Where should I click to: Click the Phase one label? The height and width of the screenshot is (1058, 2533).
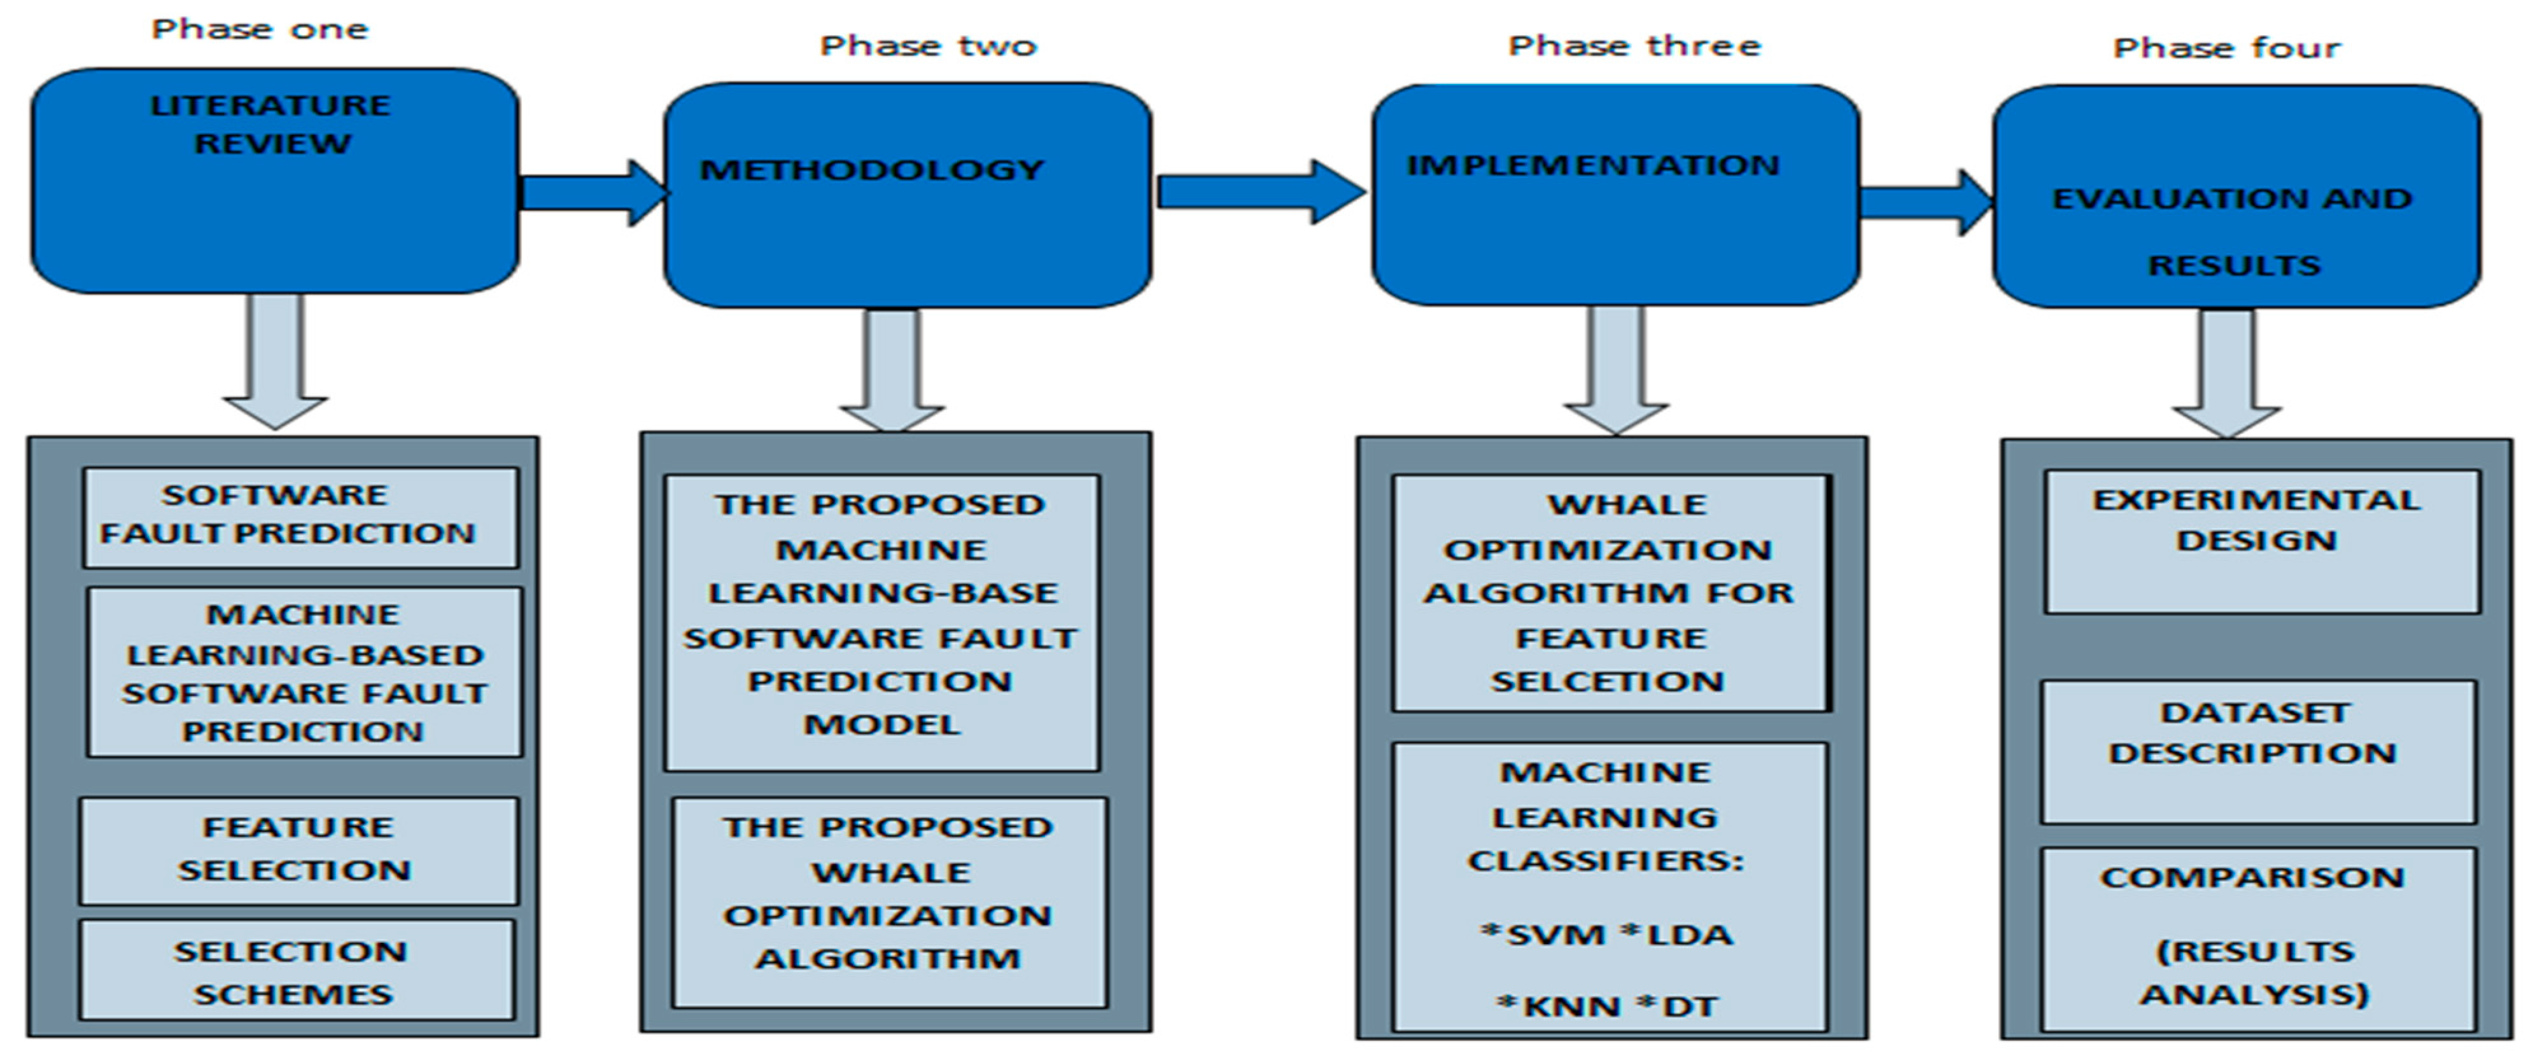tap(260, 29)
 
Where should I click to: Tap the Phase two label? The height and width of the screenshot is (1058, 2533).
tap(929, 45)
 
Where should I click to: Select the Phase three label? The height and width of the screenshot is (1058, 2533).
tap(1634, 45)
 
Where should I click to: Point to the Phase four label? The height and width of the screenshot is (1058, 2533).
tap(2226, 47)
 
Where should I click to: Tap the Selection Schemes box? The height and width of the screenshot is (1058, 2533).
tap(296, 970)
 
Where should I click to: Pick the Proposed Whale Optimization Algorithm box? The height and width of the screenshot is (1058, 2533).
tap(889, 901)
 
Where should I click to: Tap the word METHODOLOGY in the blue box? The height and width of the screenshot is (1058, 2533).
tap(871, 170)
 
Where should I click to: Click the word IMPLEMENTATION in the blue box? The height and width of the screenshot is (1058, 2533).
tap(1593, 165)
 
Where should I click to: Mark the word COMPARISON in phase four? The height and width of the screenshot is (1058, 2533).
tap(2252, 877)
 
